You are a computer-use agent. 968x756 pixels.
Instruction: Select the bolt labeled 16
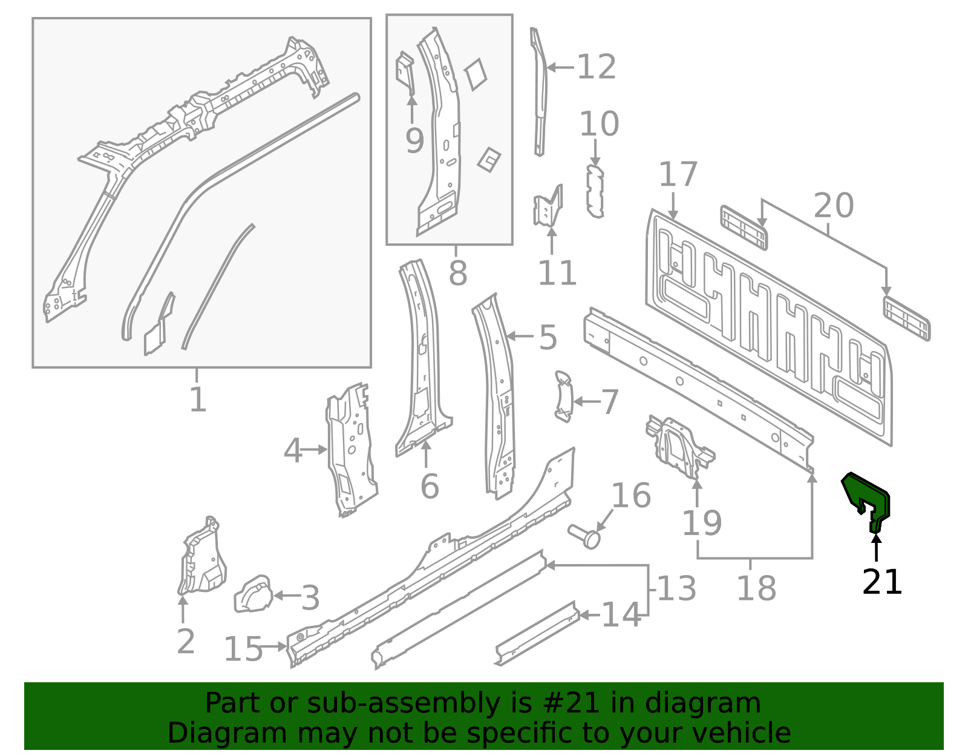click(x=585, y=536)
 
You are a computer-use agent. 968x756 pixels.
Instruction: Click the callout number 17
click(x=678, y=174)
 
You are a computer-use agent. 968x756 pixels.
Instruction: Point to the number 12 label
click(x=597, y=67)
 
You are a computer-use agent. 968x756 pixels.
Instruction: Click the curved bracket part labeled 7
click(x=563, y=396)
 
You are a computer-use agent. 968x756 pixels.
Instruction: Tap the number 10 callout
click(x=599, y=123)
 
